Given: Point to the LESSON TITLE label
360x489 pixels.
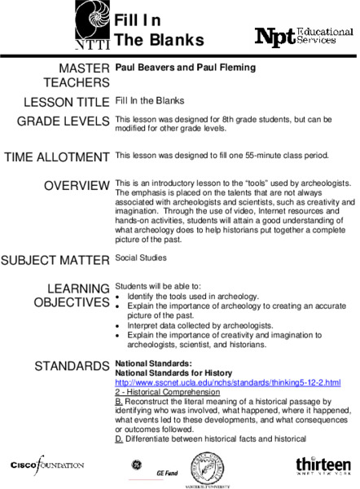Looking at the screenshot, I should click(x=67, y=103).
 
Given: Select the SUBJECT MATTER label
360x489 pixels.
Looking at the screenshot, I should click(x=55, y=261).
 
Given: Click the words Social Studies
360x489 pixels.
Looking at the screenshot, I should click(x=141, y=258).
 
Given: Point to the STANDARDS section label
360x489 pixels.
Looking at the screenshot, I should click(x=72, y=367).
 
